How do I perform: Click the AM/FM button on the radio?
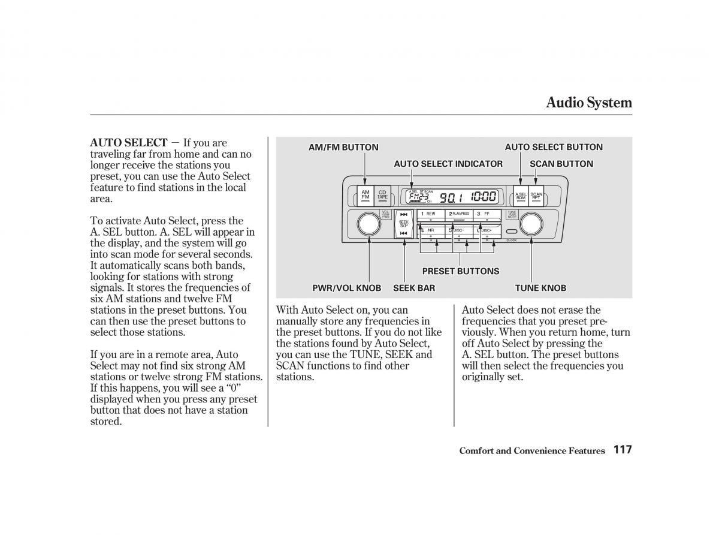click(x=365, y=196)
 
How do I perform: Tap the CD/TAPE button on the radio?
click(x=382, y=196)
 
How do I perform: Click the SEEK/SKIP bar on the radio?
click(x=404, y=224)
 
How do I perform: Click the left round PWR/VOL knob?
click(x=368, y=224)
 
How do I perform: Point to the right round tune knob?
click(x=531, y=224)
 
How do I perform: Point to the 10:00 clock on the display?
click(x=483, y=197)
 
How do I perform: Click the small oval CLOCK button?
click(x=511, y=232)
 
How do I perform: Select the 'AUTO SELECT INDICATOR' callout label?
click(x=448, y=164)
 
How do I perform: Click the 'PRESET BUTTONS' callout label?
click(x=460, y=271)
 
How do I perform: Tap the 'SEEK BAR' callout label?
click(x=414, y=288)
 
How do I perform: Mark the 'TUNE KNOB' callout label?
click(x=540, y=288)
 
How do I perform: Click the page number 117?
click(x=623, y=450)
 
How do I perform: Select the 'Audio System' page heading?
click(x=588, y=103)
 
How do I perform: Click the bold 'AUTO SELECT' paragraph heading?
click(x=128, y=143)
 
